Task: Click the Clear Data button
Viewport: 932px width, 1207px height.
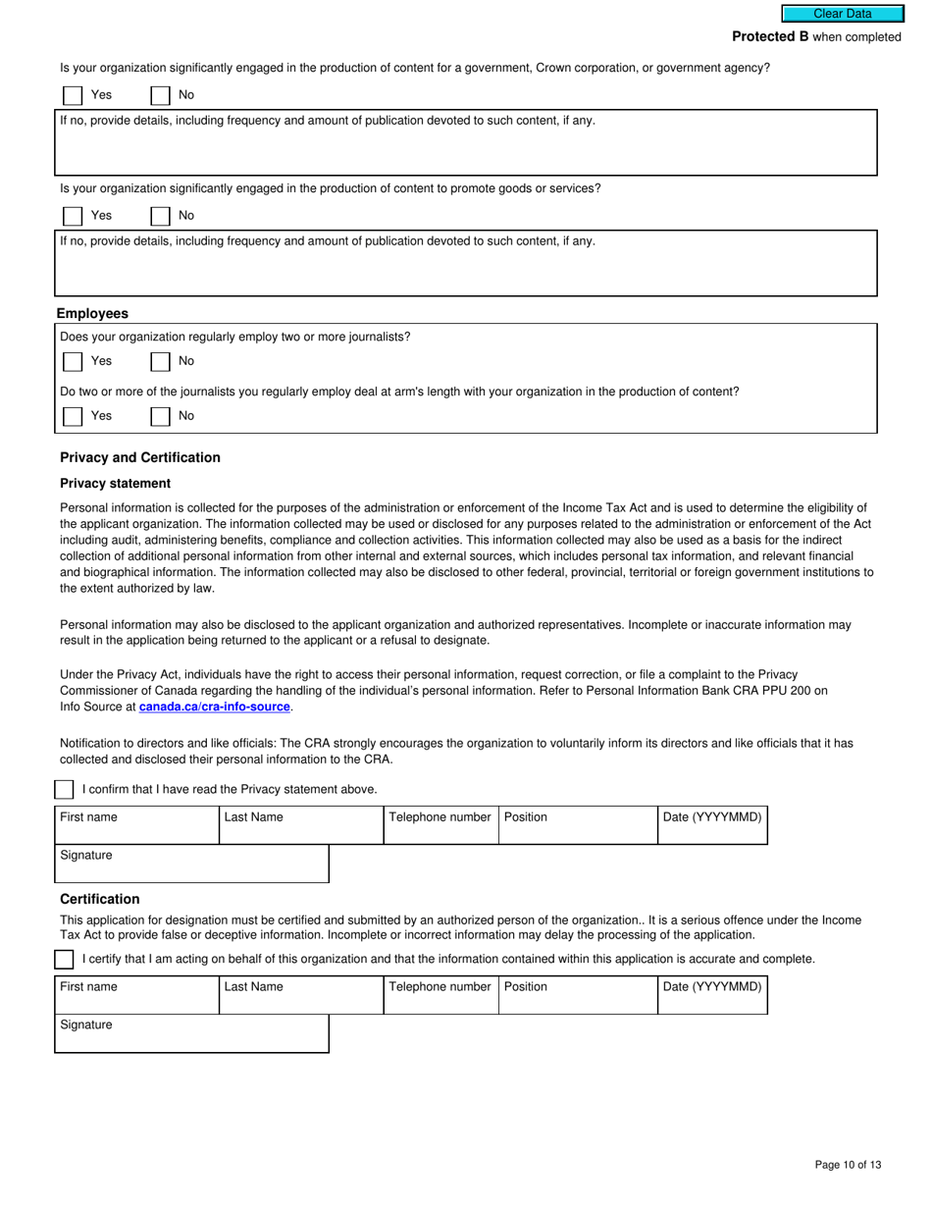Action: pyautogui.click(x=842, y=14)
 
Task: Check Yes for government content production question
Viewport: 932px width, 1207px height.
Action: pyautogui.click(x=73, y=95)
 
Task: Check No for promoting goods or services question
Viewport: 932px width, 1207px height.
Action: pyautogui.click(x=160, y=216)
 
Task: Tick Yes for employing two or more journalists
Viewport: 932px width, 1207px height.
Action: pyautogui.click(x=73, y=361)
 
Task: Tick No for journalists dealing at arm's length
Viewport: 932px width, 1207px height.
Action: pyautogui.click(x=160, y=416)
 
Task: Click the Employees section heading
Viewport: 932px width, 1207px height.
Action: pyautogui.click(x=92, y=314)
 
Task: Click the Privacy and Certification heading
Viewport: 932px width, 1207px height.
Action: pyautogui.click(x=140, y=457)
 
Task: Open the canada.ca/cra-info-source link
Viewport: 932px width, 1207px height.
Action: pyautogui.click(x=215, y=707)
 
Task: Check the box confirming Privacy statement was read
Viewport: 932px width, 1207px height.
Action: pyautogui.click(x=64, y=790)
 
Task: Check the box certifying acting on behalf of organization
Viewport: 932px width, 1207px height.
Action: pyautogui.click(x=64, y=959)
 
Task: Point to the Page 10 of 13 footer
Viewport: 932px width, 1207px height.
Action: pyautogui.click(x=848, y=1165)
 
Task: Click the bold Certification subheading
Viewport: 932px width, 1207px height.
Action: pyautogui.click(x=100, y=899)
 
